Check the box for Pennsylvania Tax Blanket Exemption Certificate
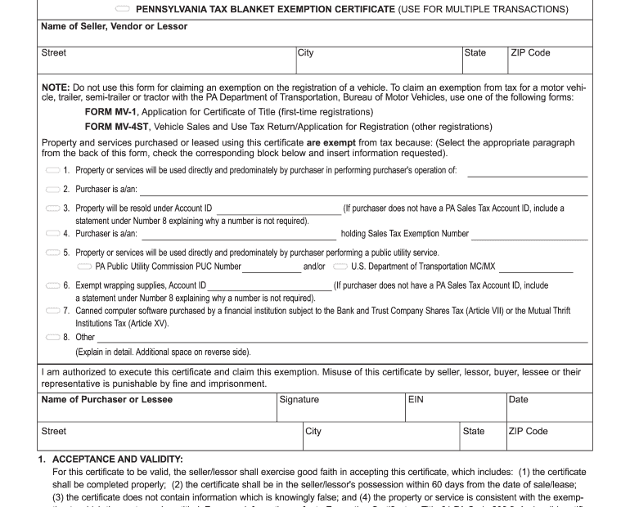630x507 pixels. click(122, 10)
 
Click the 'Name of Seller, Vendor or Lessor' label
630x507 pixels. click(114, 26)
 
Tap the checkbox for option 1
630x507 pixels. click(52, 170)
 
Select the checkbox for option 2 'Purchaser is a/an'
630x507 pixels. click(52, 190)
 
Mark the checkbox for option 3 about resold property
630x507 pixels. click(52, 209)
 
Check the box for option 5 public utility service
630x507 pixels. click(52, 253)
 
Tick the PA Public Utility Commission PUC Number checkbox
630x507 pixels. click(83, 267)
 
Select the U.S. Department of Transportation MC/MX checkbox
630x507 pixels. click(340, 267)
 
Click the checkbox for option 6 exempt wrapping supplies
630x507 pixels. click(52, 285)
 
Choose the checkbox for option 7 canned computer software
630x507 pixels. click(52, 311)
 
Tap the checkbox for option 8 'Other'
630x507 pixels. click(52, 337)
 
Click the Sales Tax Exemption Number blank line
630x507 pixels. click(529, 236)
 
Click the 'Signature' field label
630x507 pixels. click(299, 400)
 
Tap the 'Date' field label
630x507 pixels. click(518, 400)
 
